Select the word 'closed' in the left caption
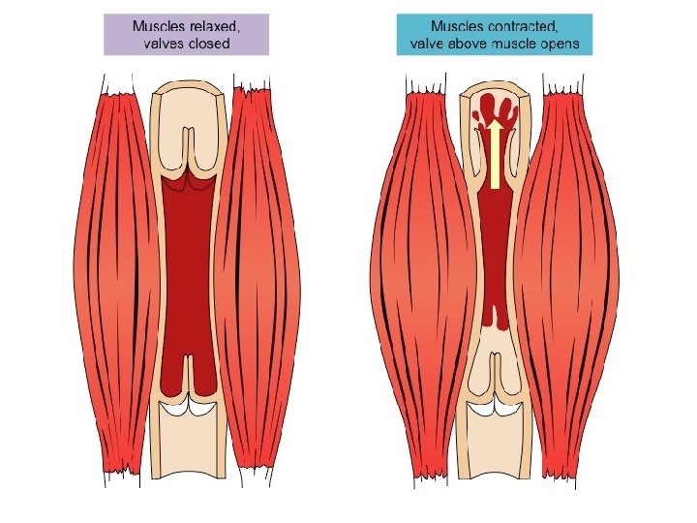point(212,45)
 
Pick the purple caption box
point(186,35)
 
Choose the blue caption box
point(493,35)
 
